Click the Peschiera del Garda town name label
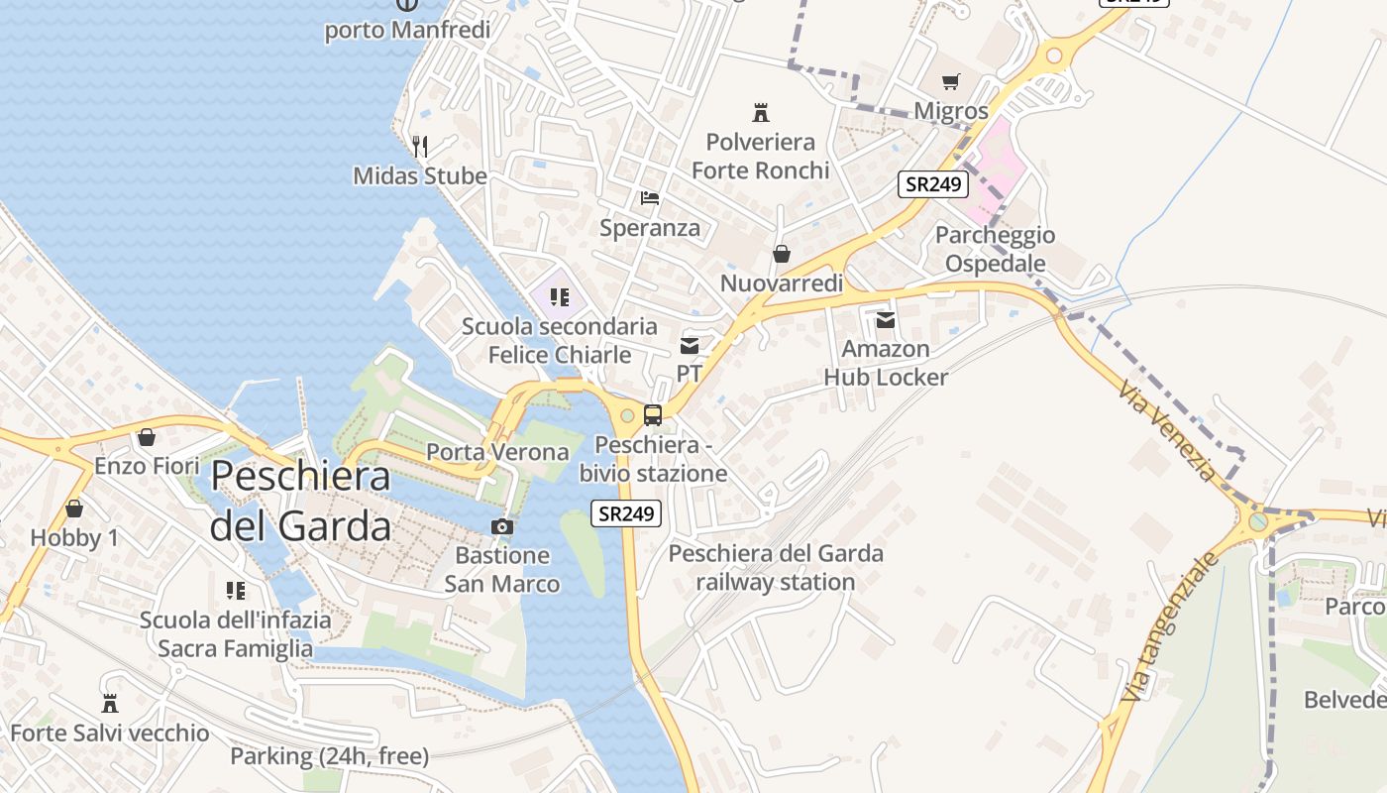click(301, 501)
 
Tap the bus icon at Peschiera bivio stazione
click(652, 415)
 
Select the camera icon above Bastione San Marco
click(502, 526)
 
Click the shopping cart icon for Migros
click(951, 82)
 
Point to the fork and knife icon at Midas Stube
click(420, 147)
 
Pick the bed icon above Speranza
click(650, 198)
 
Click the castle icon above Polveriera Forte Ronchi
click(761, 112)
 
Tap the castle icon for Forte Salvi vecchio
click(110, 704)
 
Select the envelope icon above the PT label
click(690, 345)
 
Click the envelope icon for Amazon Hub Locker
click(885, 319)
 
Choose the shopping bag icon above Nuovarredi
click(782, 254)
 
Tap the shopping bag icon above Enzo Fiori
click(147, 437)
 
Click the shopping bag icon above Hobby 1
click(74, 509)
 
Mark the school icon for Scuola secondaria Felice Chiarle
click(560, 296)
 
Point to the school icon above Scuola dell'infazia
click(236, 591)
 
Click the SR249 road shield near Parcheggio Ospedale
click(933, 183)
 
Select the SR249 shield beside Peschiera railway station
click(626, 513)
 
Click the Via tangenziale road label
click(1169, 627)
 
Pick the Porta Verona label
click(497, 452)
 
